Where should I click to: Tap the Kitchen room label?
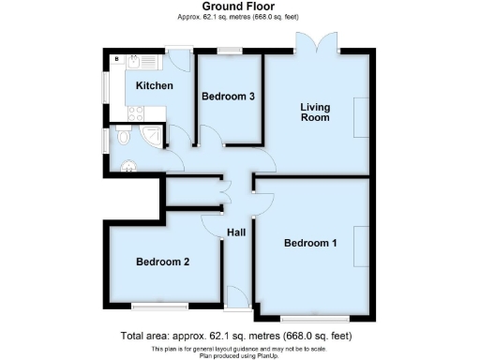(154, 86)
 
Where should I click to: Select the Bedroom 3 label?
(229, 96)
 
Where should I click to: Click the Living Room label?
(315, 112)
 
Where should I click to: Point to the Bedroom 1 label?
(311, 244)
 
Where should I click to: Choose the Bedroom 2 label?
(163, 262)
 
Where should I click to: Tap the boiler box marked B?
(116, 59)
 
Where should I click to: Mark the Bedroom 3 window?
(228, 51)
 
